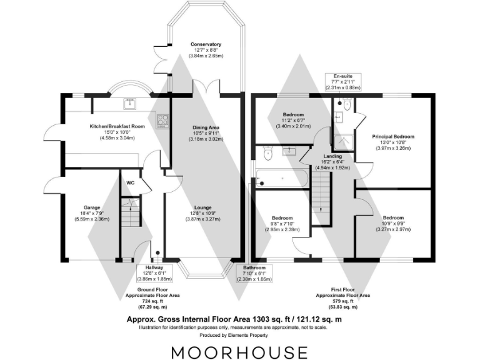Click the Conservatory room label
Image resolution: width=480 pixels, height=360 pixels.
[x=206, y=45]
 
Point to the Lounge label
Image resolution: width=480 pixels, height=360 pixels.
[x=202, y=207]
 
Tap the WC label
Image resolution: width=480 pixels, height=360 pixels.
[x=131, y=183]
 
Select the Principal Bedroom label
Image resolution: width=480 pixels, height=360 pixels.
[x=393, y=136]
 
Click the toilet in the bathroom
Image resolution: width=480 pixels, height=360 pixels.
[x=267, y=152]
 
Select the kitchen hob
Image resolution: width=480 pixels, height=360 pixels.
[x=162, y=119]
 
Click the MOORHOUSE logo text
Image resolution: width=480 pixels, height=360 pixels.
[x=239, y=351]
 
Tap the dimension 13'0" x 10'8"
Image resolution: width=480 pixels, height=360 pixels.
[x=393, y=143]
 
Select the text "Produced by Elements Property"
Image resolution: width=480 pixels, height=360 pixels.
[x=239, y=335]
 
